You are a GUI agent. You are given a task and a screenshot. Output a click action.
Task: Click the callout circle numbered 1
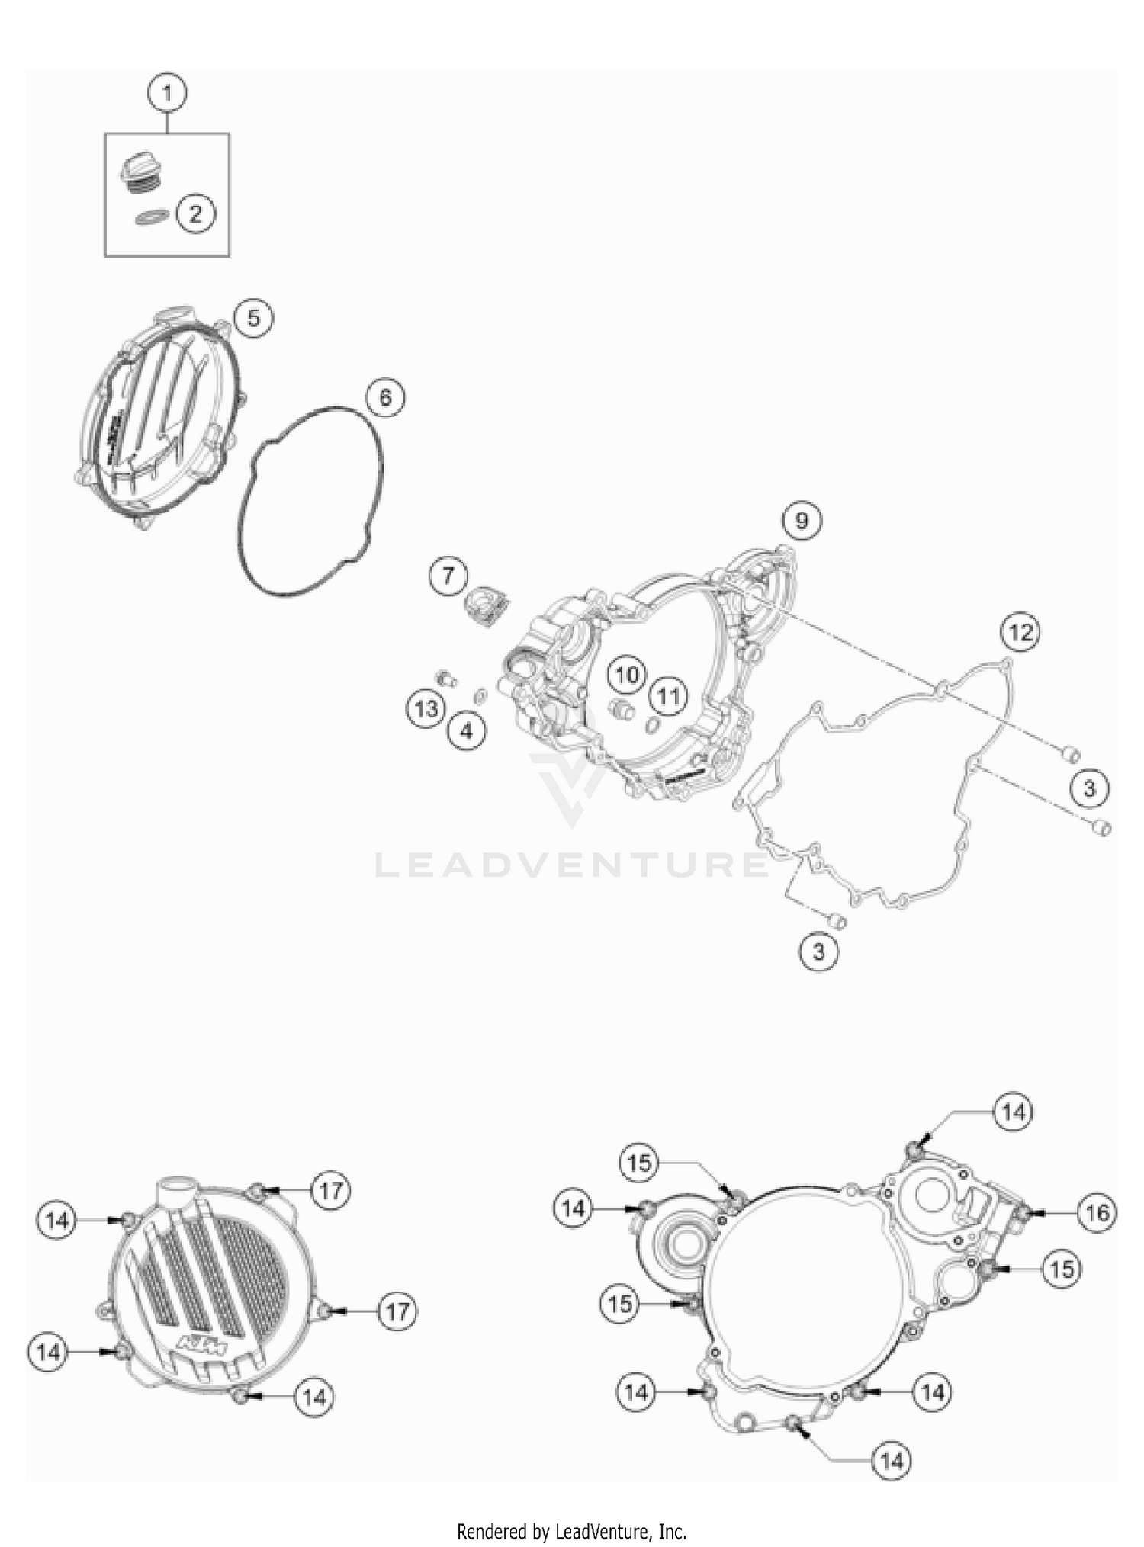(x=167, y=94)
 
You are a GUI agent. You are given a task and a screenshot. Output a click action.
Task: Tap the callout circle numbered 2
(x=196, y=213)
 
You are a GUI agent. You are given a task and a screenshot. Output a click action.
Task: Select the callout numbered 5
(x=253, y=318)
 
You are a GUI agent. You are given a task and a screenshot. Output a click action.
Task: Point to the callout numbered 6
(x=385, y=397)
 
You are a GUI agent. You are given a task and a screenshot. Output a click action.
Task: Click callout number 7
(x=448, y=575)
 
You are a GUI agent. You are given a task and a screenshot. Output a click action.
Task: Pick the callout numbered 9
(x=801, y=521)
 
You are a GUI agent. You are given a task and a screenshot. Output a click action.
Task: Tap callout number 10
(x=627, y=675)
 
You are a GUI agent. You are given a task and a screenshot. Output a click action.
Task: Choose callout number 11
(x=669, y=696)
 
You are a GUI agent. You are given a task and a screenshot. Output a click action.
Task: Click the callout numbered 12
(x=1020, y=632)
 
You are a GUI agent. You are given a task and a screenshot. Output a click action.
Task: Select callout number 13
(x=426, y=708)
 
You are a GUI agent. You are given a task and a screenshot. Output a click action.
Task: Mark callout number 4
(x=466, y=731)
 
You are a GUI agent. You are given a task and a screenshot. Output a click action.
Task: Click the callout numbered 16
(x=1097, y=1212)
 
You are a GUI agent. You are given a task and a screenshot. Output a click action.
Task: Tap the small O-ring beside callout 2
(x=153, y=217)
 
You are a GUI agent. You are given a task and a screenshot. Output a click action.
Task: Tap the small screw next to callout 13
(x=445, y=678)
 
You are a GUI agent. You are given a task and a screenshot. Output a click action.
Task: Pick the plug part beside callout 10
(x=622, y=709)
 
